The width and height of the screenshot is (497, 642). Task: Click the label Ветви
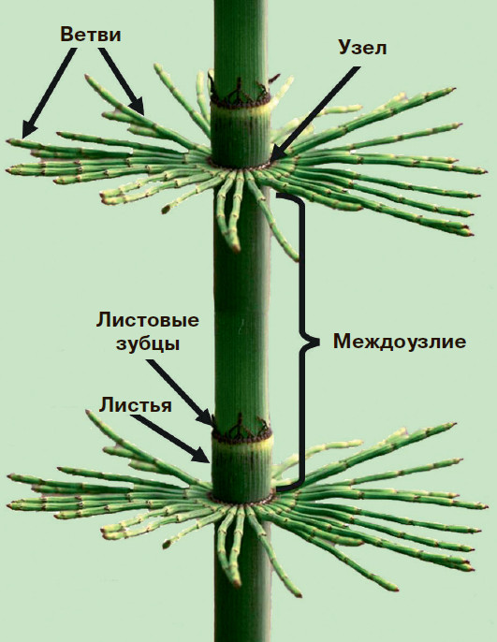tap(91, 36)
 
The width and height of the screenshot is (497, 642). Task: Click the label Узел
tap(362, 48)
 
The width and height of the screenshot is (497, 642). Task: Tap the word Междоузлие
tap(399, 341)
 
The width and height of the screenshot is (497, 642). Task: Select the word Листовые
tap(147, 320)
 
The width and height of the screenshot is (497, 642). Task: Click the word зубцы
tap(148, 344)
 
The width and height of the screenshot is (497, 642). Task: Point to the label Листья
tap(136, 405)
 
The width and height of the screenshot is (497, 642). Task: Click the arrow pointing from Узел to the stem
tap(314, 113)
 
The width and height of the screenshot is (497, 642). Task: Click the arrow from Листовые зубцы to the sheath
tap(181, 392)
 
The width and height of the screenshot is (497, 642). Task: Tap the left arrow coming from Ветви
tap(49, 93)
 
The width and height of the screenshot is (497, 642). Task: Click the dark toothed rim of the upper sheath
tap(240, 98)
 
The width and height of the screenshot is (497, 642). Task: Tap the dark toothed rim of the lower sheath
tap(241, 433)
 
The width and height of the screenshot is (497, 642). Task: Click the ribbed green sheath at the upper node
tap(241, 135)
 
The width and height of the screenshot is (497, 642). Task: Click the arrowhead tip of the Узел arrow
tap(270, 161)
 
